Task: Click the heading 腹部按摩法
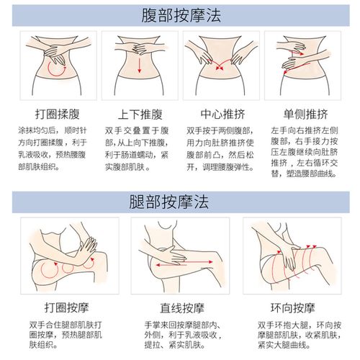[x=179, y=15]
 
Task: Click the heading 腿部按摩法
[x=179, y=201]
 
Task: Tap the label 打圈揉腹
[x=48, y=114]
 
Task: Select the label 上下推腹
[x=137, y=114]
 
